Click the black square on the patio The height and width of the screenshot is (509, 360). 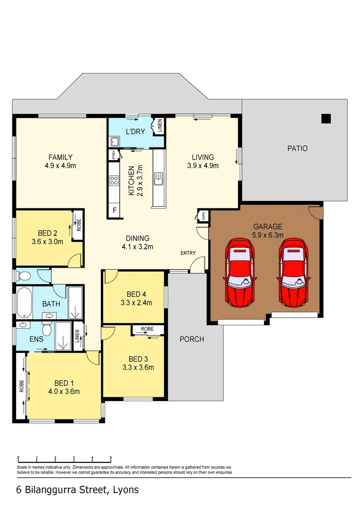(x=326, y=119)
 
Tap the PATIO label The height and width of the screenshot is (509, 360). (x=297, y=148)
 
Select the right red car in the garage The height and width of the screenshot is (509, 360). (x=293, y=273)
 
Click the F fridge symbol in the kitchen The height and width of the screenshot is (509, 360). (x=114, y=210)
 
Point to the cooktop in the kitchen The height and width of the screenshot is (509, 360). (x=114, y=181)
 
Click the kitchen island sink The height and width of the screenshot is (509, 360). (x=158, y=179)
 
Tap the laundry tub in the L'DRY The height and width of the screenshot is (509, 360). (x=114, y=142)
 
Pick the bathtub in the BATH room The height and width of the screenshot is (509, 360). (x=25, y=303)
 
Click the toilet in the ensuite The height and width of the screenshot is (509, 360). (x=47, y=329)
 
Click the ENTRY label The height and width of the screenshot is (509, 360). (x=188, y=253)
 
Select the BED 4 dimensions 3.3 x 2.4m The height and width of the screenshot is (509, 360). (x=136, y=303)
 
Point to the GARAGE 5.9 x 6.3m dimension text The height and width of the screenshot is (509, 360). (x=268, y=235)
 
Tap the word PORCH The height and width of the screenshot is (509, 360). (x=192, y=339)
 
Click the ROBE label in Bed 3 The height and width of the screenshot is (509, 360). (x=147, y=329)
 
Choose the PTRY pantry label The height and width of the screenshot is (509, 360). (x=114, y=155)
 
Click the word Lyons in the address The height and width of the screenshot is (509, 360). (x=126, y=490)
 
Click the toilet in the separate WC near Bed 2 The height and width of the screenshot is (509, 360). (x=24, y=276)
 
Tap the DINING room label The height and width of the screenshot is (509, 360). (x=137, y=238)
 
